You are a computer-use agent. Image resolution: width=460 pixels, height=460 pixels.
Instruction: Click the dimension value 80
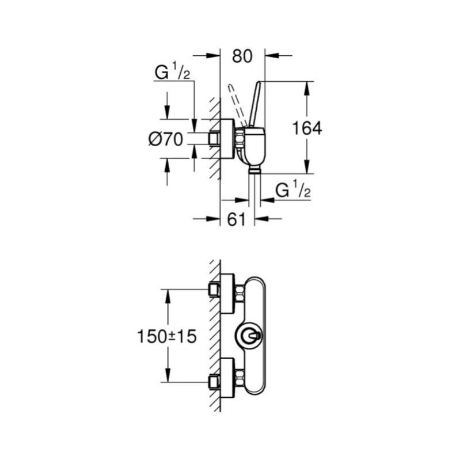(x=242, y=56)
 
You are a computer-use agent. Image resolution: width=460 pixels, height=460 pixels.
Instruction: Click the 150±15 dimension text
(x=167, y=336)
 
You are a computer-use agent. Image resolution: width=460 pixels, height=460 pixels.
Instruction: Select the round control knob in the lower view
(x=249, y=336)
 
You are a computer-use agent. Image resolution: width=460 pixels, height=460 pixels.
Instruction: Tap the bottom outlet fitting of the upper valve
(x=254, y=170)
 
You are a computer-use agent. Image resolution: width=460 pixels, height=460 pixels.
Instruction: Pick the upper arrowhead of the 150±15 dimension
(x=168, y=294)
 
